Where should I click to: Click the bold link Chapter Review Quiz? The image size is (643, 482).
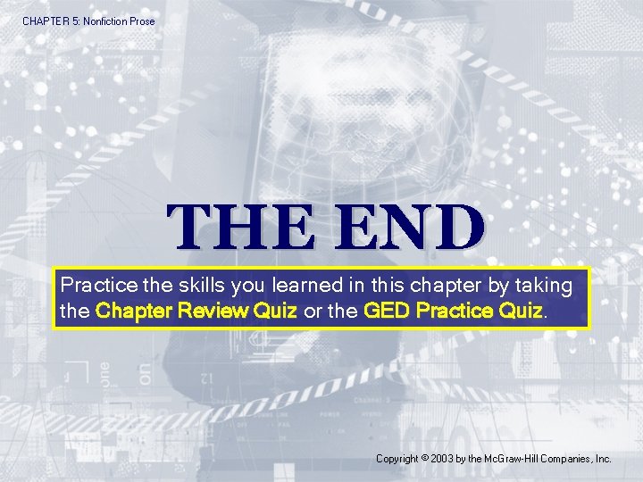coord(196,312)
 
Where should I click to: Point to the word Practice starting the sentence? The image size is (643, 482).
coord(98,287)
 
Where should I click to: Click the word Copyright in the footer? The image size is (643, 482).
coord(397,459)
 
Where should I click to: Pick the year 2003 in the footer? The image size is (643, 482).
coord(442,459)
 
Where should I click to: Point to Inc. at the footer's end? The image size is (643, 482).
coord(603,459)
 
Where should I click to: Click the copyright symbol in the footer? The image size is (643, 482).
coord(424,458)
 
